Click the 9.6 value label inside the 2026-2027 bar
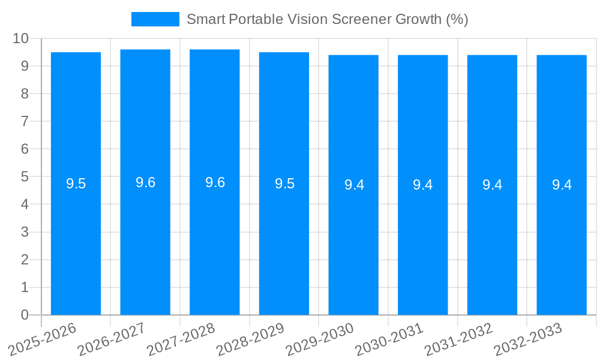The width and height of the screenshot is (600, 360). [145, 183]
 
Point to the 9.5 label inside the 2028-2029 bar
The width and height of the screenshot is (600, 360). [284, 184]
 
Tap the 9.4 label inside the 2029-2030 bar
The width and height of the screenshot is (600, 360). [354, 185]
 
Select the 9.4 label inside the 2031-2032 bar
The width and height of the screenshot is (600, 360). [492, 185]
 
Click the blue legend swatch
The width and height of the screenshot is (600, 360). [155, 19]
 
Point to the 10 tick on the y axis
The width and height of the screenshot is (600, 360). [21, 38]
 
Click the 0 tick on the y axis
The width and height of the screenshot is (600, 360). [25, 315]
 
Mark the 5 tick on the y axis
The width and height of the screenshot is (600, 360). [25, 177]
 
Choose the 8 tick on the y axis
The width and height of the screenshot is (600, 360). [25, 94]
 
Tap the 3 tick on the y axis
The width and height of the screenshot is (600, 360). [25, 232]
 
